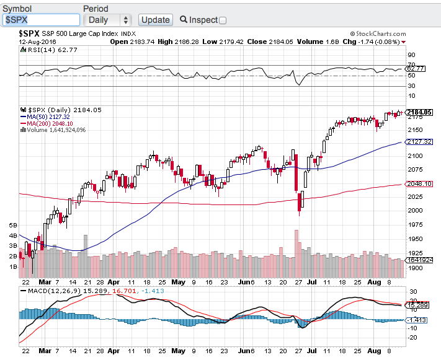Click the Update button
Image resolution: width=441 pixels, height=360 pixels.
[155, 20]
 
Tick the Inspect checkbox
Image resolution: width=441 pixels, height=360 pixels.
[223, 20]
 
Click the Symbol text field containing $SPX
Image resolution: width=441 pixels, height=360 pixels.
[40, 20]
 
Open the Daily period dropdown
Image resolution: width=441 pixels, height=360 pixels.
[107, 20]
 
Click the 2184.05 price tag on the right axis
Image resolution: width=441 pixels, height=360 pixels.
[419, 112]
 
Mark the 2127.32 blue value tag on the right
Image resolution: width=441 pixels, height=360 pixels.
[419, 142]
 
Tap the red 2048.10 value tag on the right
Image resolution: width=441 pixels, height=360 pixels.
[419, 184]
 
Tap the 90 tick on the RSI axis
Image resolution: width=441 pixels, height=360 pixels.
[411, 55]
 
